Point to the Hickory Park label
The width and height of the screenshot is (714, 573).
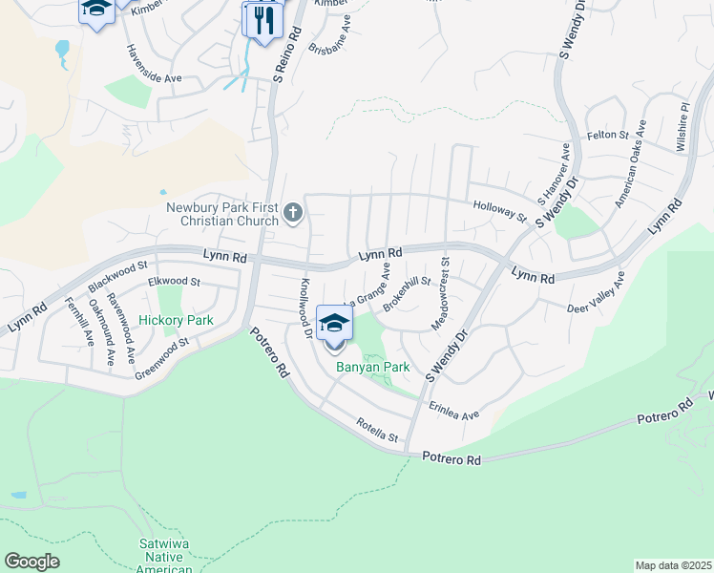pos(176,321)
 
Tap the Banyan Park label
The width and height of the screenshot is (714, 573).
pos(372,367)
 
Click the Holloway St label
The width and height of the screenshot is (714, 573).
pos(499,210)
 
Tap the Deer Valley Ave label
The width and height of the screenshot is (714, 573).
pos(596,294)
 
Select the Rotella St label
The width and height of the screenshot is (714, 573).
pos(376,430)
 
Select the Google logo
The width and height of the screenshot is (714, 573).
pos(32,562)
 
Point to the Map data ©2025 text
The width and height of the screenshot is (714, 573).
pos(673,565)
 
